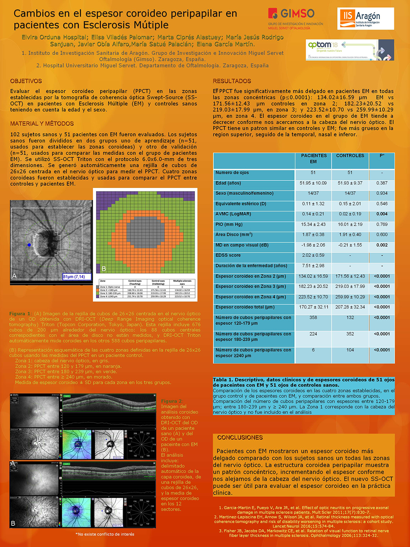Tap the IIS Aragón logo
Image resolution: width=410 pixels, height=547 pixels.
(365, 19)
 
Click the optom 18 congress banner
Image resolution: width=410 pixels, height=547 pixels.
(350, 50)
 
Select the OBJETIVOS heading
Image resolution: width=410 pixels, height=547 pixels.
(26, 81)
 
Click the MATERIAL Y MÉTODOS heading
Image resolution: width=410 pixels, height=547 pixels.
(42, 123)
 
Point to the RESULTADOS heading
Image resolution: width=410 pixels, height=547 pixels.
(232, 81)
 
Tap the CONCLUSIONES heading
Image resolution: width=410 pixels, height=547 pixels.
(240, 438)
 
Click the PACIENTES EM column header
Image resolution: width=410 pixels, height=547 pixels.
(314, 159)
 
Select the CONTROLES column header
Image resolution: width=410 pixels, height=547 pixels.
(350, 156)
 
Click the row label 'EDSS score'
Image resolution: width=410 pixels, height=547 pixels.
(228, 255)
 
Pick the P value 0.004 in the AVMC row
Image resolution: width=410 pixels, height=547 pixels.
(382, 214)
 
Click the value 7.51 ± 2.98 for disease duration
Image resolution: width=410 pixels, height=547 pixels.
(313, 266)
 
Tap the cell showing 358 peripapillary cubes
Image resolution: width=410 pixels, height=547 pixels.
(313, 318)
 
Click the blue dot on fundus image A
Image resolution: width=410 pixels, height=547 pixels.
(29, 245)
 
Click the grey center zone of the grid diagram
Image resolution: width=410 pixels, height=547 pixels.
(145, 232)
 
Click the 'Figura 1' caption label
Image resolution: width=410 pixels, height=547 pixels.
(20, 314)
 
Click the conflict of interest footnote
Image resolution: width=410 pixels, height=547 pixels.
(105, 534)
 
